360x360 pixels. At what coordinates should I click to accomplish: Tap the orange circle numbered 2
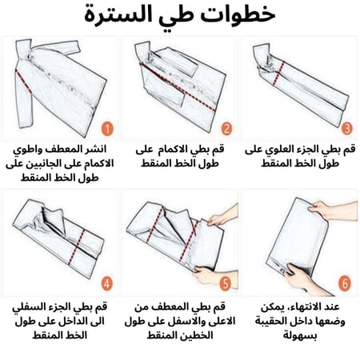[x=226, y=127]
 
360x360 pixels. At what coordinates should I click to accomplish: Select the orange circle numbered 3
[x=345, y=127]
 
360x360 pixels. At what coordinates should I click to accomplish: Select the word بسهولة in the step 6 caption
[x=298, y=336]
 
